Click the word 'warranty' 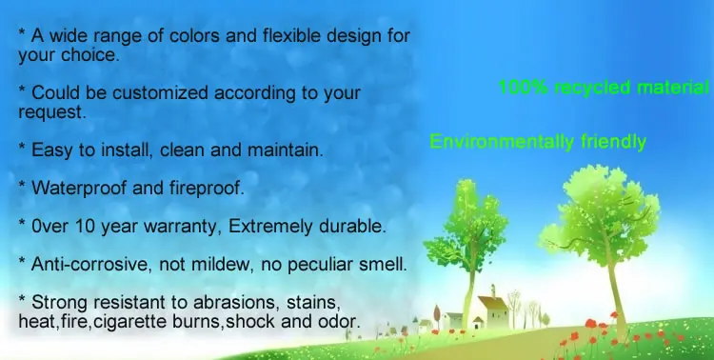pos(186,226)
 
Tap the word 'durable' pos(353,226)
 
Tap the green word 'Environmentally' pos(488,143)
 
